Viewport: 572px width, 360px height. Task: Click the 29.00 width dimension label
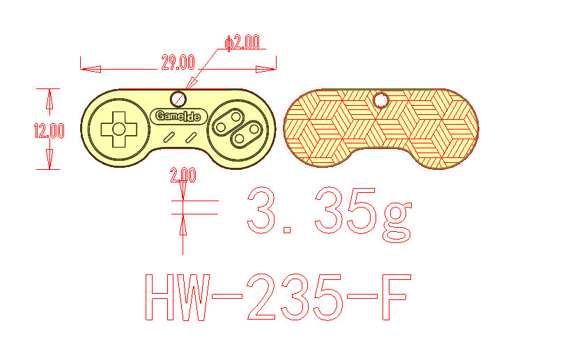click(x=178, y=63)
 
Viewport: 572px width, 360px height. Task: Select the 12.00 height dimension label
click(x=49, y=131)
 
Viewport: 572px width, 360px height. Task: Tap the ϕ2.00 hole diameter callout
click(x=242, y=42)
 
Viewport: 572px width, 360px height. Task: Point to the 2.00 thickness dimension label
click(x=183, y=175)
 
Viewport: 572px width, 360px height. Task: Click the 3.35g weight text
click(x=330, y=214)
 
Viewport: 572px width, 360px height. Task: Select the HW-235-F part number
click(x=278, y=297)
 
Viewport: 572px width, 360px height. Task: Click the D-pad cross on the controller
click(x=119, y=129)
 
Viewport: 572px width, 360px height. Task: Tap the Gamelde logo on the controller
click(x=178, y=116)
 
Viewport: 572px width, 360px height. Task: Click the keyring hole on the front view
click(x=178, y=99)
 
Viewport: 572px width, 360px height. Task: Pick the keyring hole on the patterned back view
click(x=381, y=100)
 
